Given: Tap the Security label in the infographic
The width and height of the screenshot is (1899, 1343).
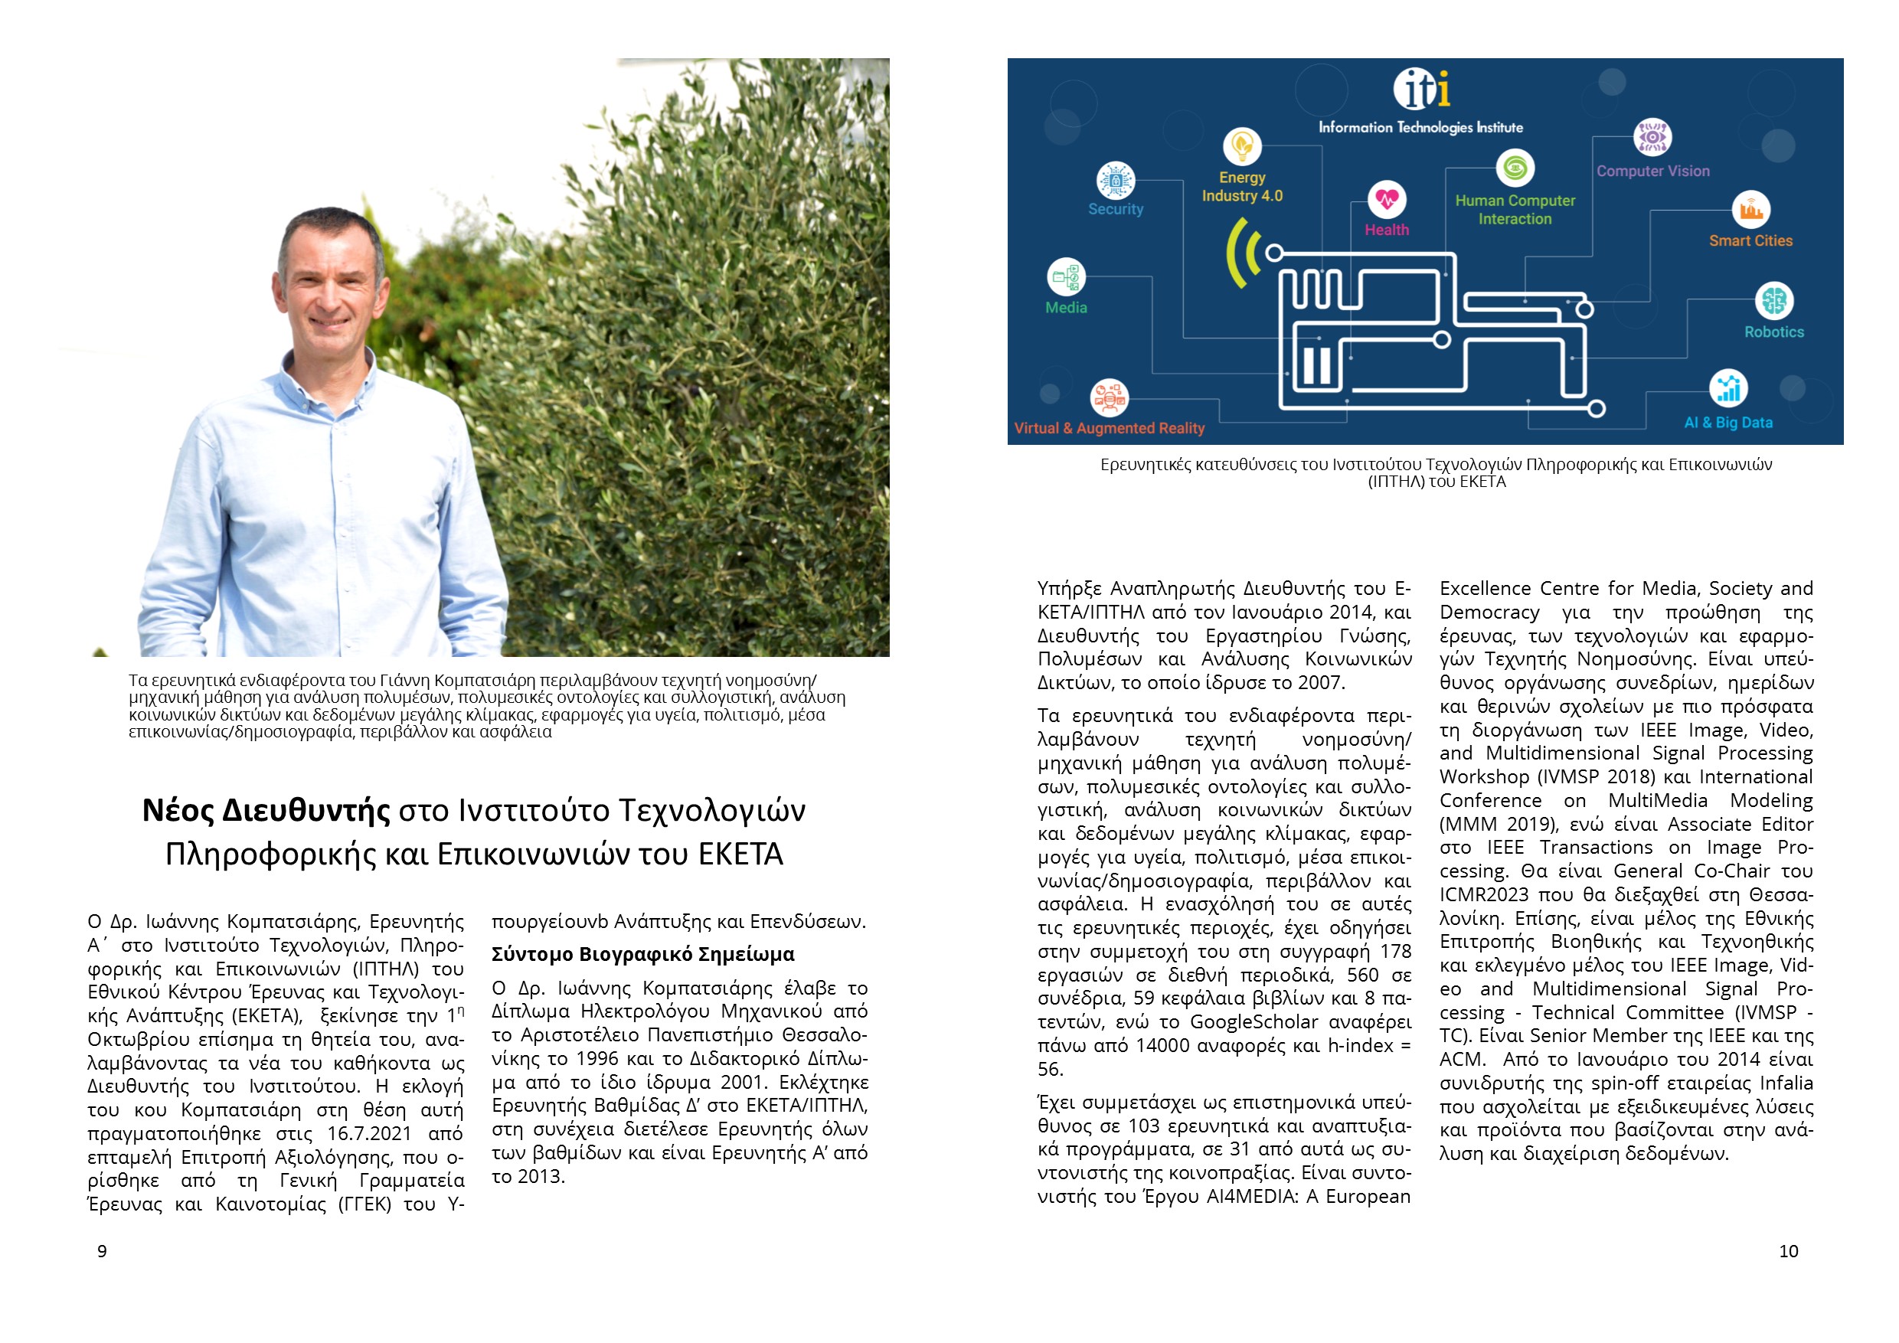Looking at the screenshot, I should coord(1116,209).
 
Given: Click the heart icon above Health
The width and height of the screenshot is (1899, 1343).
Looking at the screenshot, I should coord(1387,199).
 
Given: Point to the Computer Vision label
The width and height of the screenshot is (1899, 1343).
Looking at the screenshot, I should coord(1652,172).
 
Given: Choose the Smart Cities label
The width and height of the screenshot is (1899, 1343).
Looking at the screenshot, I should coord(1751,240).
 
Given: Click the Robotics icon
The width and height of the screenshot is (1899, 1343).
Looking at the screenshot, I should coord(1774,300).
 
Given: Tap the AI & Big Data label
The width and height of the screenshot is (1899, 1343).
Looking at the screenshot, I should coord(1728,423).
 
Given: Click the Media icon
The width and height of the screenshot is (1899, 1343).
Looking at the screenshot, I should coord(1066,277).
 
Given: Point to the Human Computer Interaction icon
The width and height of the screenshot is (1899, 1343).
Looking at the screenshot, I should coord(1515,168).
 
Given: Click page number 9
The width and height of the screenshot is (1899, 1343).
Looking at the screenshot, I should coord(103,1251).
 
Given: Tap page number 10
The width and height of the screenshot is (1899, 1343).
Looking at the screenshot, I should coord(1788,1251).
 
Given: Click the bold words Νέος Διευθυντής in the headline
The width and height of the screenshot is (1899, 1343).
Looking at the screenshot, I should coord(266,810).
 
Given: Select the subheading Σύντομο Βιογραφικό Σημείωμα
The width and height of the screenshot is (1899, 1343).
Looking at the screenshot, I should coord(642,954).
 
